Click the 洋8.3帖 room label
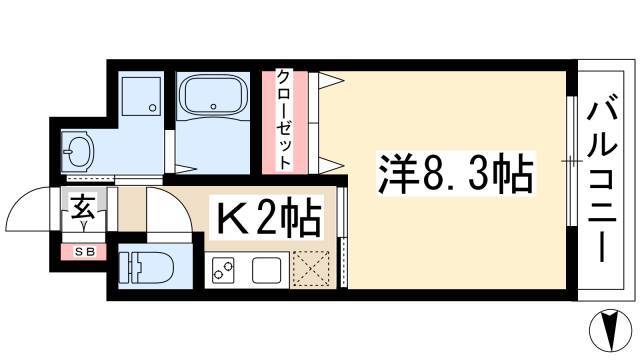[x=456, y=174]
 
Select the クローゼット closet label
[x=284, y=119]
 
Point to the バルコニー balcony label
[x=601, y=177]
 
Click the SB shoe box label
[x=84, y=252]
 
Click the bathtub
[x=213, y=96]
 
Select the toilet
[x=146, y=267]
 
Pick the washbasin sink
[x=78, y=151]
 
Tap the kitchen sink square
[x=266, y=271]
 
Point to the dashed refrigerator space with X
[x=311, y=268]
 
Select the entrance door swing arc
[x=22, y=200]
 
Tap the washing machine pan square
[x=141, y=96]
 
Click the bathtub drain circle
[x=213, y=107]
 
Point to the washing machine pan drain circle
[x=152, y=108]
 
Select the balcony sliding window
[x=572, y=161]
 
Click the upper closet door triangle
[x=331, y=80]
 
